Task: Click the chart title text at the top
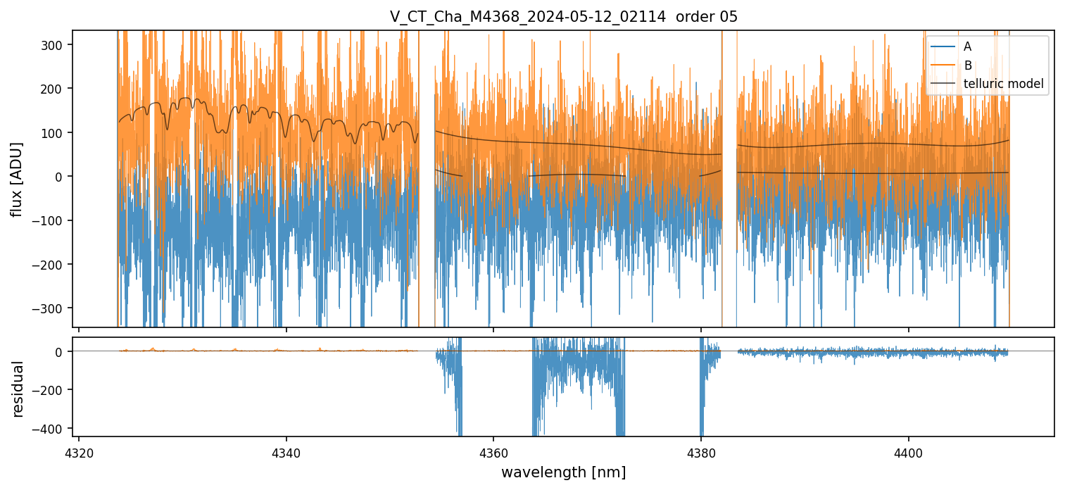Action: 564,17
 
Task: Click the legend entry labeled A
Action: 967,46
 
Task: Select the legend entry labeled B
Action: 967,65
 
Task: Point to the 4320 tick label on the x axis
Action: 79,451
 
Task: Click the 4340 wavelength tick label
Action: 286,451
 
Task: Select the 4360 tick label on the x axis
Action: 493,451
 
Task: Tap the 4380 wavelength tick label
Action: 701,451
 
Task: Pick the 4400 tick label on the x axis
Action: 908,451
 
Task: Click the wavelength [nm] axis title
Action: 563,472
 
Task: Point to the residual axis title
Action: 18,389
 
